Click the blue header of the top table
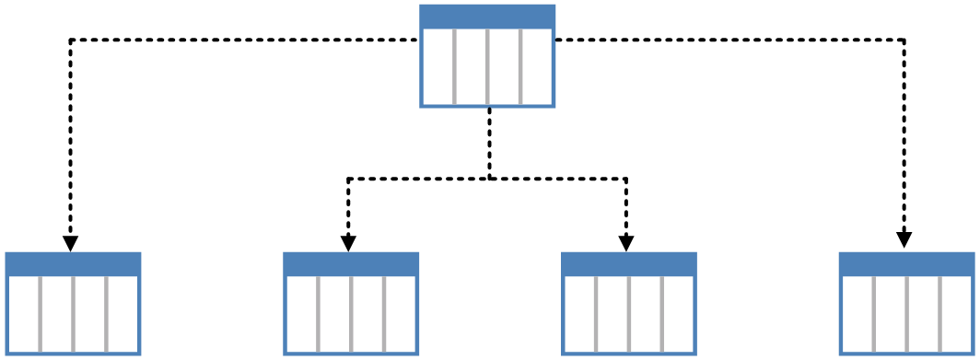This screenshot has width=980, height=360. click(x=487, y=17)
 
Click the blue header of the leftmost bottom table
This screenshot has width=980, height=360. click(x=73, y=264)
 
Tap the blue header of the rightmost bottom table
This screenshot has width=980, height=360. click(x=907, y=264)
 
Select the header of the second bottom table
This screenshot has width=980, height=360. click(x=351, y=264)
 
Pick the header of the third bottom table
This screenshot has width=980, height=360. click(x=629, y=264)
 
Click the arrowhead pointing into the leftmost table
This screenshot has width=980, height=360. click(x=70, y=243)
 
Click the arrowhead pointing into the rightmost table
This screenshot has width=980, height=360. click(x=904, y=239)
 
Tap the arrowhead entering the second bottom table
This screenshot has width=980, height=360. click(x=348, y=243)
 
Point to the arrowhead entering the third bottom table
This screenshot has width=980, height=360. click(x=626, y=243)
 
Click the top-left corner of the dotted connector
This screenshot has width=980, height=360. click(x=71, y=40)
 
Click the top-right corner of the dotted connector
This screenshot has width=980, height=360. click(x=904, y=40)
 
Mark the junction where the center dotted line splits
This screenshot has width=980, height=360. click(x=489, y=179)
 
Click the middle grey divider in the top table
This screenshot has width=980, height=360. click(x=487, y=66)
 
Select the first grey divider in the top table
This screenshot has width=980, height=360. click(x=454, y=66)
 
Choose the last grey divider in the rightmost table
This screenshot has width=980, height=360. click(x=940, y=313)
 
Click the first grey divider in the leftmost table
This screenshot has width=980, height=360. click(x=40, y=313)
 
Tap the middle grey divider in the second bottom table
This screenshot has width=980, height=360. click(x=351, y=313)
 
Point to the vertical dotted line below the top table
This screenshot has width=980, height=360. click(x=489, y=143)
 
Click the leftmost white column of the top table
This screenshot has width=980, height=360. click(x=438, y=66)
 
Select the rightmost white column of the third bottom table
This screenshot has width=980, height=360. click(x=679, y=313)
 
